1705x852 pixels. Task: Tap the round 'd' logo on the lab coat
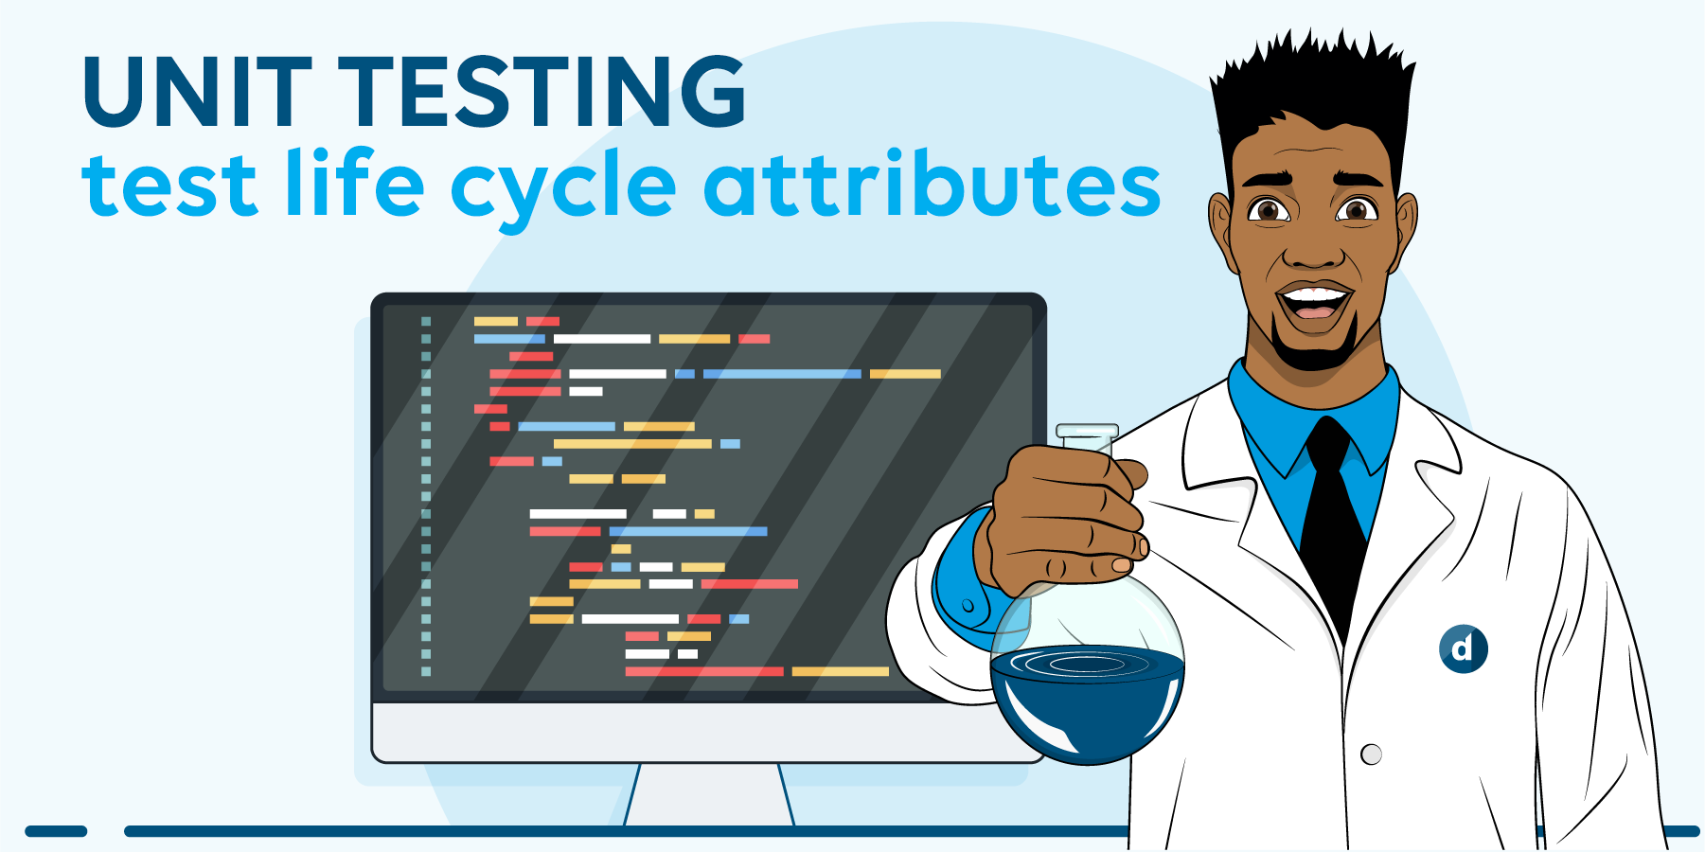(x=1463, y=648)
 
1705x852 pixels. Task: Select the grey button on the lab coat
(x=1371, y=754)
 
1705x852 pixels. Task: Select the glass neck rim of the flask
(x=1087, y=432)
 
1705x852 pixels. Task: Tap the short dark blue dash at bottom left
(x=56, y=831)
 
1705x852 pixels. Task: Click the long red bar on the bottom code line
(x=704, y=671)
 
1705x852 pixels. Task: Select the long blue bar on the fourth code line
(x=782, y=374)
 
